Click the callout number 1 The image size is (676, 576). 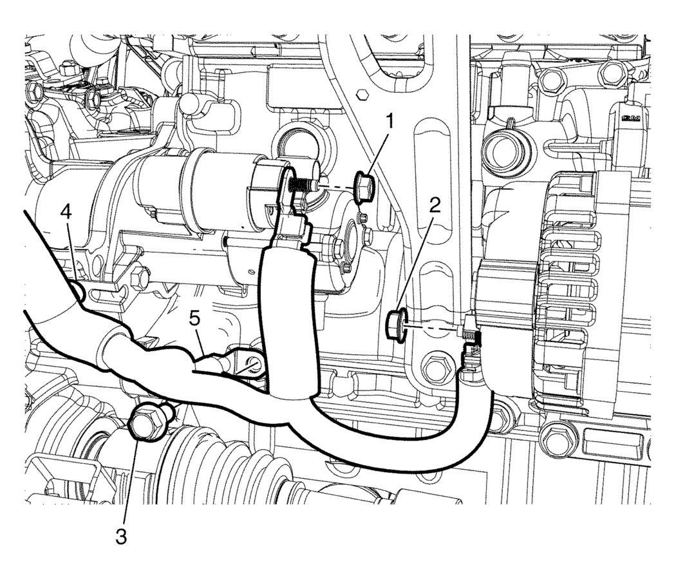tap(390, 121)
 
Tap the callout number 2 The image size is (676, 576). tap(435, 206)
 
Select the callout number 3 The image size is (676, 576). tap(122, 537)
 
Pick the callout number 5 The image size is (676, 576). tap(194, 319)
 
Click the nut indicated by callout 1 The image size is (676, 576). tap(364, 187)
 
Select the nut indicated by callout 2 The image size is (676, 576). tap(396, 326)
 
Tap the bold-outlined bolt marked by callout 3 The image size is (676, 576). tap(148, 421)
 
